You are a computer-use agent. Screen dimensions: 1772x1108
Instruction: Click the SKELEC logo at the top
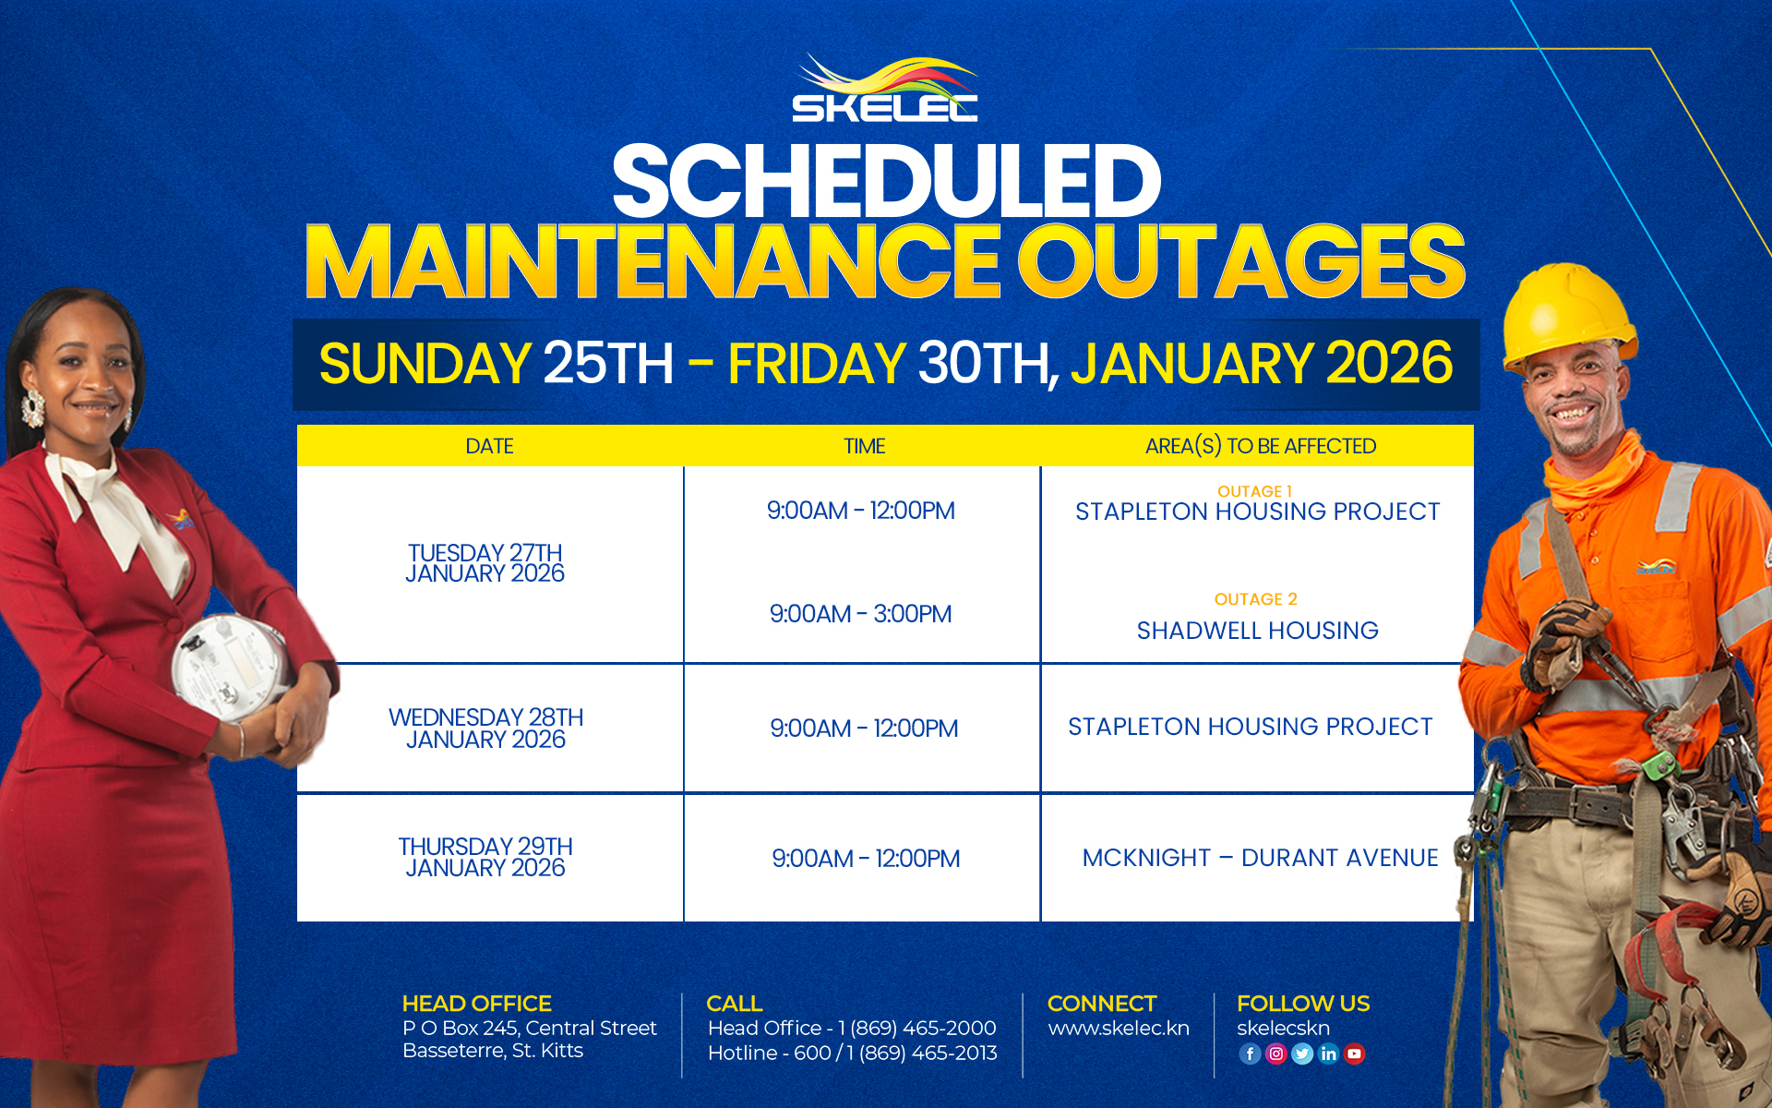click(885, 89)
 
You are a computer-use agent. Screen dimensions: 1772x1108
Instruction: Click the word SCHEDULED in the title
click(886, 182)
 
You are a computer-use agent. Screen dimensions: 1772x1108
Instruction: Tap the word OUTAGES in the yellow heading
click(1241, 262)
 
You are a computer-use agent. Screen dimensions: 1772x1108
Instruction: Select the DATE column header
click(489, 447)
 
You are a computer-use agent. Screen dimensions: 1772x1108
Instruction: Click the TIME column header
click(864, 447)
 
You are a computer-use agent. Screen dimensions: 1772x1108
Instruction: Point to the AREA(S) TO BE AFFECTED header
click(1260, 447)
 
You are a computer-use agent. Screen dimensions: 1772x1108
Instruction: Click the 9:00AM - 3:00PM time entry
click(860, 614)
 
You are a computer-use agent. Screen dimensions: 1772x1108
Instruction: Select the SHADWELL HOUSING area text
click(1257, 631)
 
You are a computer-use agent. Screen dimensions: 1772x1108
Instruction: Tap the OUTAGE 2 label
click(1255, 599)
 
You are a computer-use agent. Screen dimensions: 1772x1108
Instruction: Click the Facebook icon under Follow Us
click(1250, 1054)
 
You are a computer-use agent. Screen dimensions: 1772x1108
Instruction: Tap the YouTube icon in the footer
click(1354, 1054)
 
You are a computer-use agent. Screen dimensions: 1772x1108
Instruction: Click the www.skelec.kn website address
click(1119, 1029)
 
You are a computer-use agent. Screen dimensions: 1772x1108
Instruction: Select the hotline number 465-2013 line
click(852, 1053)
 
